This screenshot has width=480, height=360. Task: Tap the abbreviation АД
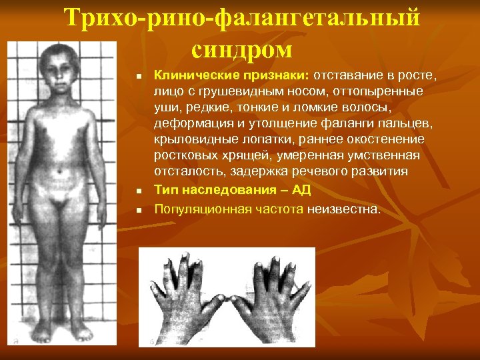(x=301, y=190)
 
